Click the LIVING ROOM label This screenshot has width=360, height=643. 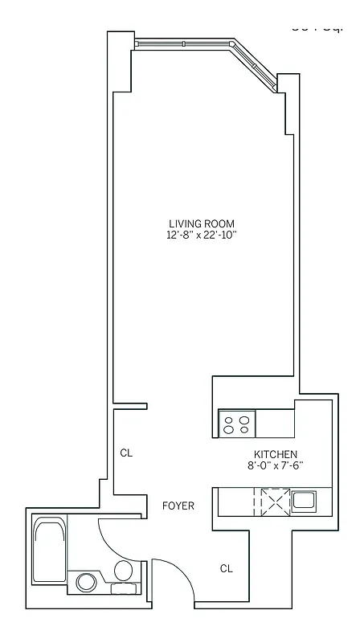(202, 223)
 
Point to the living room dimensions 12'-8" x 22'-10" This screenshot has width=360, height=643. (202, 235)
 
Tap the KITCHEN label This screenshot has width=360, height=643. (276, 454)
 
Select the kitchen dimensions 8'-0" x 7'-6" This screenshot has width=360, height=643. (276, 465)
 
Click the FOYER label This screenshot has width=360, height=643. (178, 506)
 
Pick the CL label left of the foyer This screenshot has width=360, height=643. (126, 453)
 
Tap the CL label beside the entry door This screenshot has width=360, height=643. (227, 568)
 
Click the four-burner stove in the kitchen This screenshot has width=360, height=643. (238, 424)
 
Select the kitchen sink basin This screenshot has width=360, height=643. (304, 501)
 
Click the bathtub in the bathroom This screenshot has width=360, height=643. (50, 551)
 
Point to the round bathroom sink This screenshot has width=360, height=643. (85, 582)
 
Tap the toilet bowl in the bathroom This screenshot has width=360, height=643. (123, 572)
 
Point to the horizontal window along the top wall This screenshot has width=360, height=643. (182, 43)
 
